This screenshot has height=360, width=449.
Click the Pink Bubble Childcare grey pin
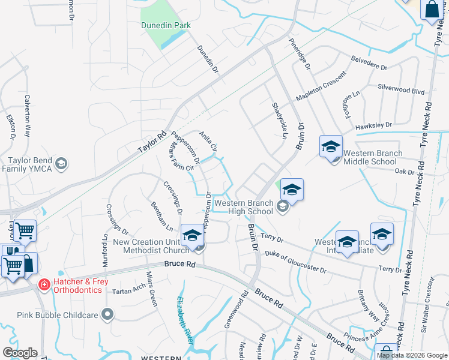point(107,314)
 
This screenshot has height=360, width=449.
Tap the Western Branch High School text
point(244,207)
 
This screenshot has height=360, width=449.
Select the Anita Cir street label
point(208,142)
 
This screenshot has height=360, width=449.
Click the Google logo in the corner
point(20,353)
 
